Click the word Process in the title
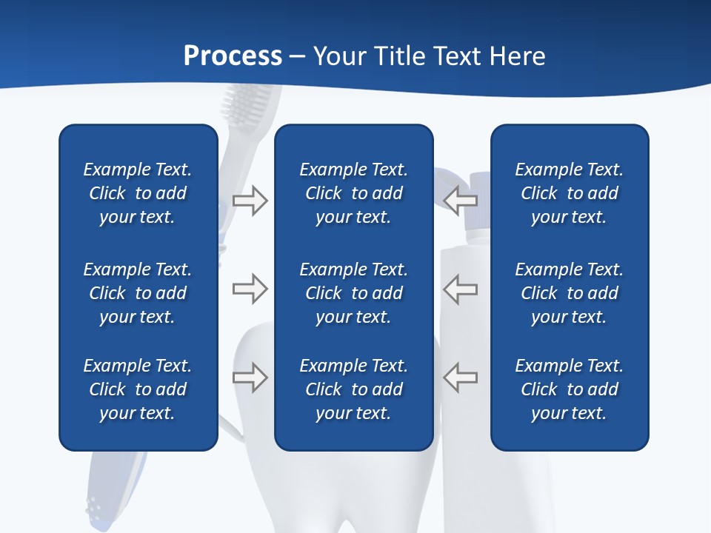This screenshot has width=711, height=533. [x=233, y=56]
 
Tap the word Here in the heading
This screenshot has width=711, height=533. [x=517, y=56]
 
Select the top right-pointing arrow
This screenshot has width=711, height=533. [x=250, y=201]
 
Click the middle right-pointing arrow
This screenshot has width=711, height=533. [x=250, y=289]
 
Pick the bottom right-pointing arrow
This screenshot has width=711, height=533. [x=250, y=377]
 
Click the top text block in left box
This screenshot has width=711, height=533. [x=138, y=193]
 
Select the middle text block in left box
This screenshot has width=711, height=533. [x=138, y=293]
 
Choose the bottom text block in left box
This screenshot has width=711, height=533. [x=138, y=389]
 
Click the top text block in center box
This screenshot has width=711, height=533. [x=353, y=193]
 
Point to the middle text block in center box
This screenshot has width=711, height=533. [x=353, y=293]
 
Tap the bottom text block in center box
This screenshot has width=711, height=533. [x=353, y=389]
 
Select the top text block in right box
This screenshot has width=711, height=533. [x=569, y=193]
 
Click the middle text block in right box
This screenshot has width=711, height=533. [x=569, y=293]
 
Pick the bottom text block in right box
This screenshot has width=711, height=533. [x=569, y=389]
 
